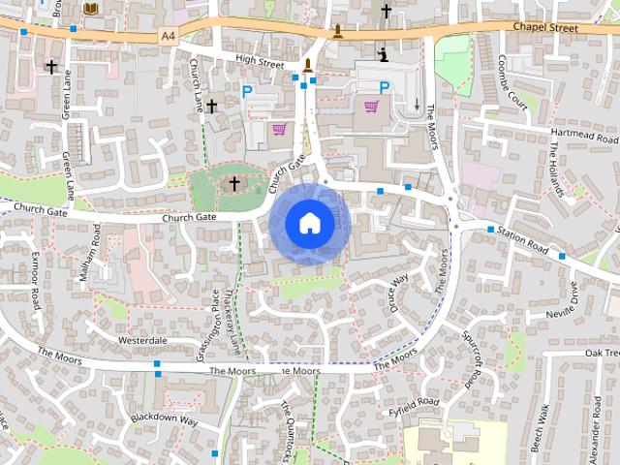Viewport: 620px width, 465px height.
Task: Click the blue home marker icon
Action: click(x=309, y=223)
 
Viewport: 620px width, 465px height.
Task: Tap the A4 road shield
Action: click(x=170, y=36)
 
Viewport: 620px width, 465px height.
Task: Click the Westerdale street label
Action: click(x=142, y=341)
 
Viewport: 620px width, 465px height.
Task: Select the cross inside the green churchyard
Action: click(x=232, y=182)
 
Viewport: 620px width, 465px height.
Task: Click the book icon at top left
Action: click(x=90, y=8)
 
